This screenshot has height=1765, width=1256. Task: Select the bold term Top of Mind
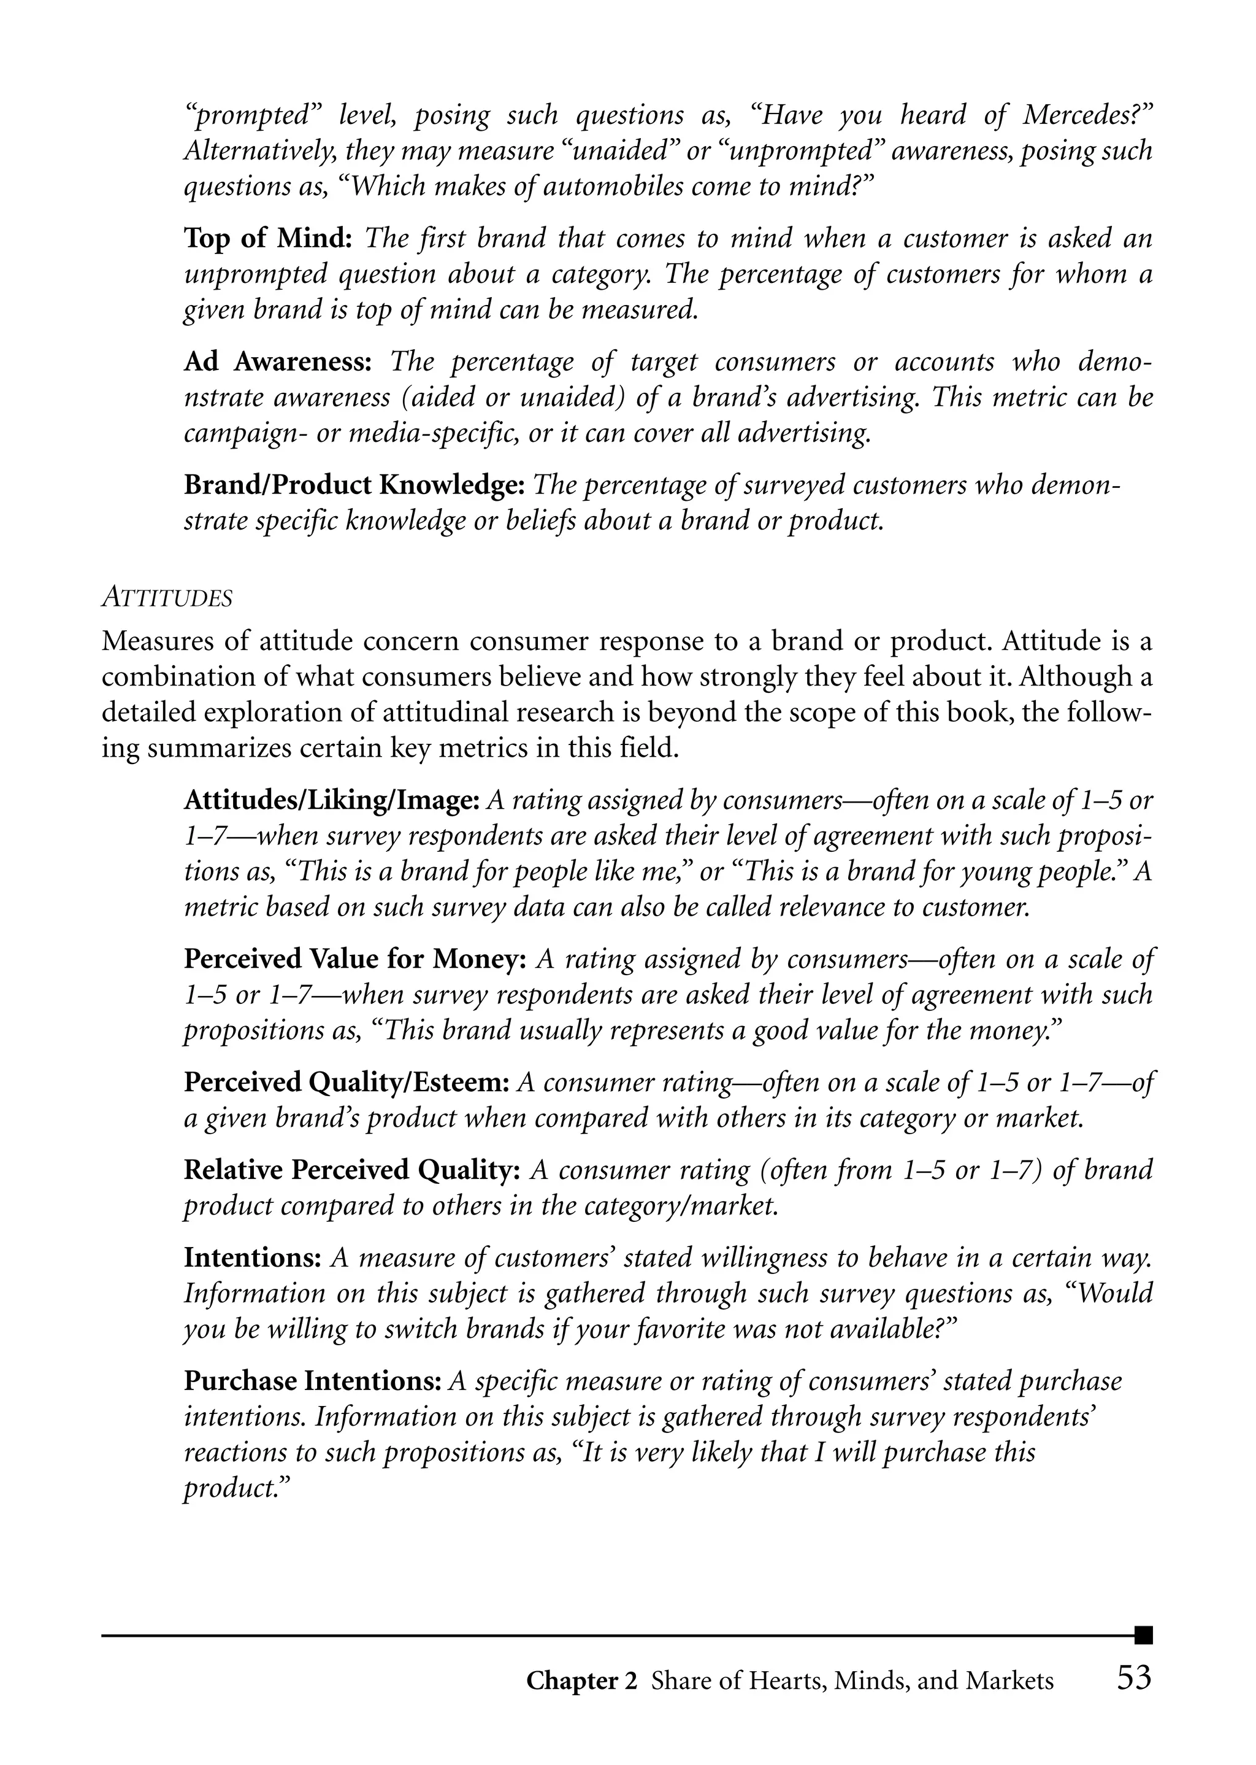pyautogui.click(x=267, y=238)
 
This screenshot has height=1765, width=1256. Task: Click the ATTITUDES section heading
pyautogui.click(x=167, y=598)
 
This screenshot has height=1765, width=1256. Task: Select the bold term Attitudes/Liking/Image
pyautogui.click(x=332, y=800)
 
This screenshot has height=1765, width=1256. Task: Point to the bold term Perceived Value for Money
pyautogui.click(x=354, y=959)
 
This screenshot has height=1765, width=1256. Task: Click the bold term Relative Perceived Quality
pyautogui.click(x=351, y=1170)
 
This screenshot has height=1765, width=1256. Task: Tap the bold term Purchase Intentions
pyautogui.click(x=312, y=1381)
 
